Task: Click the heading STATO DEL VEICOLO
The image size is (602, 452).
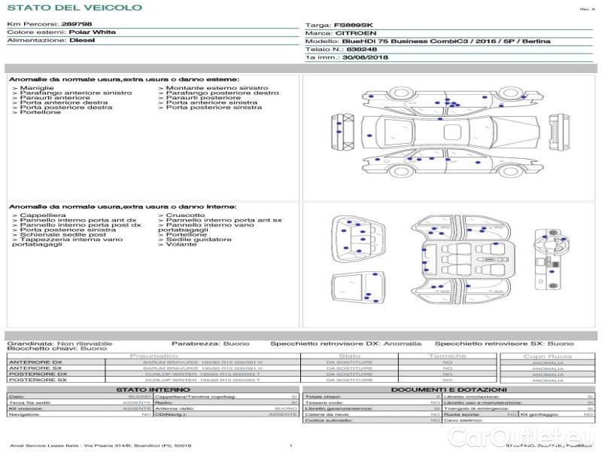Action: click(74, 8)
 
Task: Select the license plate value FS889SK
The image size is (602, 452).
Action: click(354, 25)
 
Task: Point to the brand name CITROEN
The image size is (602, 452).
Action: click(351, 33)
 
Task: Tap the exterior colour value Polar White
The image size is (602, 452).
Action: click(93, 32)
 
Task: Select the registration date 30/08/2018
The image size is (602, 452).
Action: click(366, 57)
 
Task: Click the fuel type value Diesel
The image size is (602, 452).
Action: click(81, 41)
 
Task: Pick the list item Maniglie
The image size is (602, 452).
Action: click(37, 88)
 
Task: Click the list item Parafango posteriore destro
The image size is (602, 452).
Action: click(223, 93)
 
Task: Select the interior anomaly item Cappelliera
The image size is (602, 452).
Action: click(42, 215)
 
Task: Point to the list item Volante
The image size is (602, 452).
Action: click(181, 245)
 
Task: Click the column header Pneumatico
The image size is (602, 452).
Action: click(154, 356)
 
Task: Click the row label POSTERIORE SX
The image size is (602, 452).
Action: click(37, 380)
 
